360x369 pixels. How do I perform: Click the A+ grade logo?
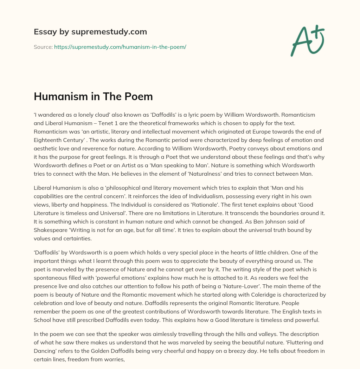(307, 41)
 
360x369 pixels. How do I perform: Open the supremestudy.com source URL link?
(120, 47)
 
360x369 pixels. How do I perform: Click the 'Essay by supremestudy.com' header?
(90, 32)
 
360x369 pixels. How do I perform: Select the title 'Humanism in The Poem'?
(93, 96)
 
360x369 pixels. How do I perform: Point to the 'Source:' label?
(43, 47)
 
